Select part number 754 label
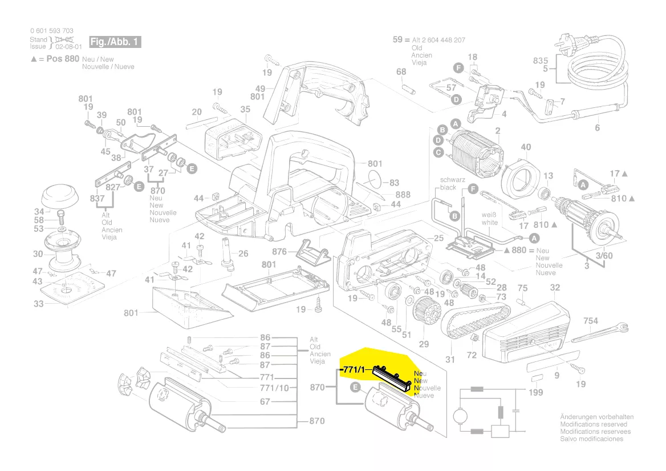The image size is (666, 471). (x=590, y=321)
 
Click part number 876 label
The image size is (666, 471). (x=279, y=251)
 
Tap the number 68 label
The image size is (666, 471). (x=401, y=71)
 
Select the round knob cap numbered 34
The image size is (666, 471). (x=59, y=196)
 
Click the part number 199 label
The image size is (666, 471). (x=535, y=393)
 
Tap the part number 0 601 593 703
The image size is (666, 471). (x=51, y=31)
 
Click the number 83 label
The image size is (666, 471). (x=395, y=183)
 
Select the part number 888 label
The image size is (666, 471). (x=403, y=195)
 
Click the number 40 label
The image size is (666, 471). (x=526, y=147)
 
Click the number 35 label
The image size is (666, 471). (x=245, y=109)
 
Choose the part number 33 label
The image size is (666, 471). (x=38, y=304)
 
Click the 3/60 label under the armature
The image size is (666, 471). (x=604, y=255)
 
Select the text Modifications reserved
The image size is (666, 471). (x=593, y=424)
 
